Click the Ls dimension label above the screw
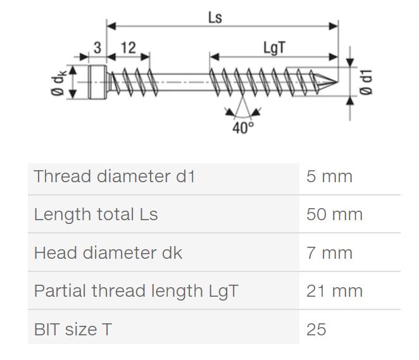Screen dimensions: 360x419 [215, 17]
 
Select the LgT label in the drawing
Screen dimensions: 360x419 [273, 48]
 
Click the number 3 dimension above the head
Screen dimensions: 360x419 [97, 48]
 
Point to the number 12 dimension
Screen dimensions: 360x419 [127, 48]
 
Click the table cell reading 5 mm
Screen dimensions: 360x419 [328, 177]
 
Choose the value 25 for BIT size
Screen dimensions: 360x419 [316, 330]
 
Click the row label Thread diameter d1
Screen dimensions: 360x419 [115, 177]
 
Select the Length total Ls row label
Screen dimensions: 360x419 [96, 214]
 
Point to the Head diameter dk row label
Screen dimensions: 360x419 [108, 253]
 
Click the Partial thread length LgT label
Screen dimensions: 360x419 [136, 291]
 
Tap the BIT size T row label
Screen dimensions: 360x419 [74, 330]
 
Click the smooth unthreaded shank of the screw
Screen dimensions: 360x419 [180, 81]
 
